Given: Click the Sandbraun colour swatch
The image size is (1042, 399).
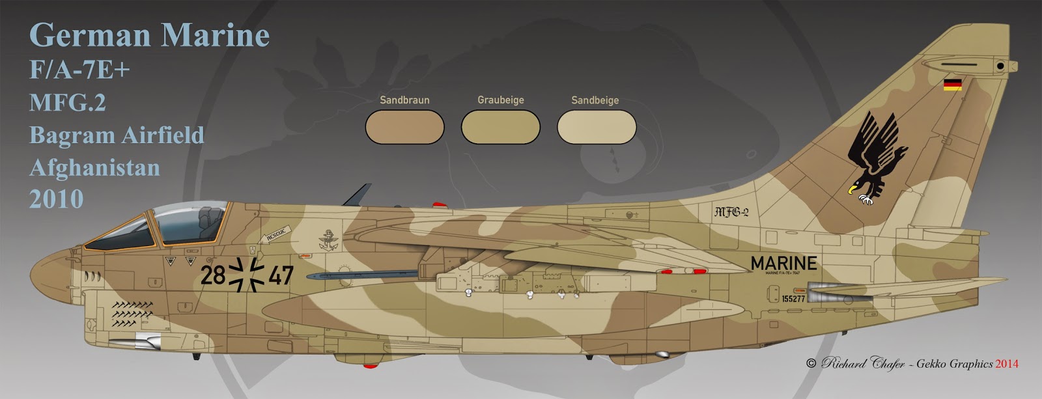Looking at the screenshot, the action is pyautogui.click(x=404, y=126).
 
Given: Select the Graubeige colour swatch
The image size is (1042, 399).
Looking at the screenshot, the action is pyautogui.click(x=500, y=126).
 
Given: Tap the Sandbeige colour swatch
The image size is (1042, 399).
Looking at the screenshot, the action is pyautogui.click(x=596, y=126).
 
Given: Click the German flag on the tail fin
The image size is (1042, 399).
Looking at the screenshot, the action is pyautogui.click(x=952, y=85).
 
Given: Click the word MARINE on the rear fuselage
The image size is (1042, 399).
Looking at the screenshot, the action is pyautogui.click(x=783, y=263).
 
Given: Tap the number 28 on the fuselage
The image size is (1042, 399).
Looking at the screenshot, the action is pyautogui.click(x=212, y=276).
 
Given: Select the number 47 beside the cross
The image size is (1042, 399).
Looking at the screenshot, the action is pyautogui.click(x=281, y=276).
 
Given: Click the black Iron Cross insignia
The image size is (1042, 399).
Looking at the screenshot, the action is pyautogui.click(x=247, y=275).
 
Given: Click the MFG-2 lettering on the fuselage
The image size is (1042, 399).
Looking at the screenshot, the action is pyautogui.click(x=731, y=212).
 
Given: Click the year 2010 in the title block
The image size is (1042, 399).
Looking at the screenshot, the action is pyautogui.click(x=56, y=199).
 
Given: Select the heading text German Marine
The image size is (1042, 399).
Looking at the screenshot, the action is pyautogui.click(x=149, y=35).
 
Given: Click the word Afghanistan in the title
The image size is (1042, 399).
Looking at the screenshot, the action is pyautogui.click(x=94, y=167).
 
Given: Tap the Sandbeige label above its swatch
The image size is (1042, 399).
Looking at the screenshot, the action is pyautogui.click(x=595, y=100).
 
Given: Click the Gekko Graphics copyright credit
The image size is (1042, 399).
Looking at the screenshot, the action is pyautogui.click(x=912, y=364).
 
